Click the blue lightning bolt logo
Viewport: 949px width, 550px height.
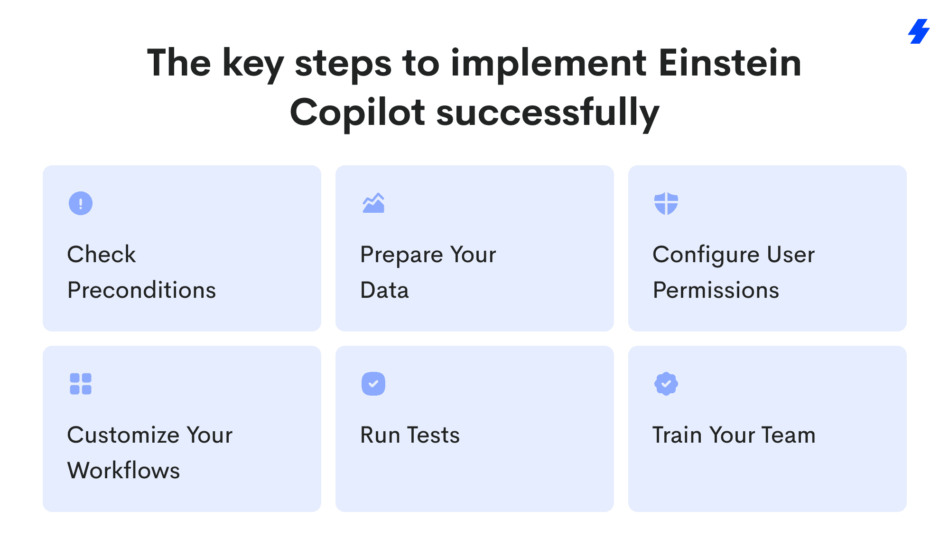pyautogui.click(x=919, y=31)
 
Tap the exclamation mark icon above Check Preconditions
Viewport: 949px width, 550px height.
pyautogui.click(x=81, y=203)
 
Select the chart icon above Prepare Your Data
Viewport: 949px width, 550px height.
pyautogui.click(x=373, y=203)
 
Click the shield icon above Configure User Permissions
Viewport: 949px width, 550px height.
pyautogui.click(x=666, y=203)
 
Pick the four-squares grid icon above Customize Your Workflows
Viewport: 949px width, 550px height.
pyautogui.click(x=81, y=384)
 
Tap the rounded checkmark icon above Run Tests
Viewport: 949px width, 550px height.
pyautogui.click(x=373, y=384)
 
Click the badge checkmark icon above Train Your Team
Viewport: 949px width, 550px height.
pyautogui.click(x=666, y=384)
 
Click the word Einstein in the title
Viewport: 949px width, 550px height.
pyautogui.click(x=730, y=63)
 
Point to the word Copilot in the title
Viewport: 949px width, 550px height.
pyautogui.click(x=357, y=112)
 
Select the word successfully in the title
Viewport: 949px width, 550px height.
pyautogui.click(x=548, y=112)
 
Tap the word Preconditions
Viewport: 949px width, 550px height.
pyautogui.click(x=142, y=290)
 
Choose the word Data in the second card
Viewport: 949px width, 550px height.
pyautogui.click(x=384, y=290)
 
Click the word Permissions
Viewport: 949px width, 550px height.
pyautogui.click(x=716, y=290)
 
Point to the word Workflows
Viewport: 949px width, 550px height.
pyautogui.click(x=124, y=470)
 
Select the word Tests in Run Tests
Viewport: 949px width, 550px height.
pyautogui.click(x=434, y=435)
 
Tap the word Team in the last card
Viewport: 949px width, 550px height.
pyautogui.click(x=789, y=435)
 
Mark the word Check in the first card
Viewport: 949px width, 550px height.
pyautogui.click(x=102, y=254)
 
